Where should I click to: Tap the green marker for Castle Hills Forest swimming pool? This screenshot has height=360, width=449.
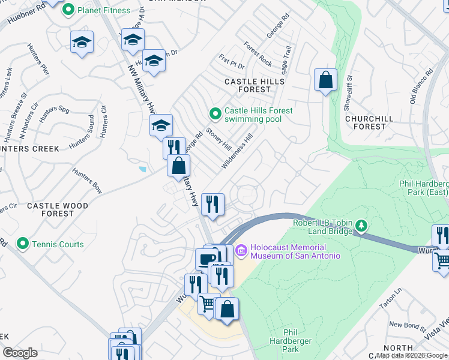click(x=214, y=113)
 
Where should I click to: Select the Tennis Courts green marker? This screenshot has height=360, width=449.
click(x=23, y=244)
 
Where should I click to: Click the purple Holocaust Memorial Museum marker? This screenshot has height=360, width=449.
click(x=241, y=249)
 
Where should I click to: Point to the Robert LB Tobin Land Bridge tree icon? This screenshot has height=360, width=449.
click(x=361, y=226)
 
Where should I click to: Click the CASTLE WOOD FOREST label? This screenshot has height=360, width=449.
click(x=58, y=209)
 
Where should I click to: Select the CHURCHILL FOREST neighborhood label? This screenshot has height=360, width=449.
click(x=369, y=122)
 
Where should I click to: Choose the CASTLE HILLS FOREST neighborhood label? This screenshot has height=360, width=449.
click(x=247, y=85)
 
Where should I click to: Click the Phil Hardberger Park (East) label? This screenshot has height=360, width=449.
click(x=423, y=188)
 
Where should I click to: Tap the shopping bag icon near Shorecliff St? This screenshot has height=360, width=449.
click(x=325, y=80)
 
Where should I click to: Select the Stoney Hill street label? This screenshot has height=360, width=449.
click(x=218, y=139)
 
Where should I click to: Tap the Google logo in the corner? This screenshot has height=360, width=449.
click(x=20, y=353)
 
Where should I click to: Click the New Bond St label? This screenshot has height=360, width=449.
click(x=406, y=326)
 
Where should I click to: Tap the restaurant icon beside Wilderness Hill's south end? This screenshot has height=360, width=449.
click(x=212, y=204)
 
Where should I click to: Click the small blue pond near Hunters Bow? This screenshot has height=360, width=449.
click(x=142, y=169)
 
